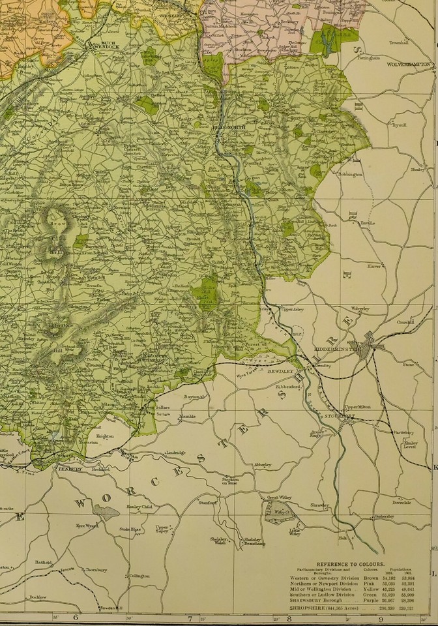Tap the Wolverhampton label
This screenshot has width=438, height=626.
[409, 65]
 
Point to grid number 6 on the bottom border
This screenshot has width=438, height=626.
[76, 618]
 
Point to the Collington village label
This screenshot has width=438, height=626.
[139, 576]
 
